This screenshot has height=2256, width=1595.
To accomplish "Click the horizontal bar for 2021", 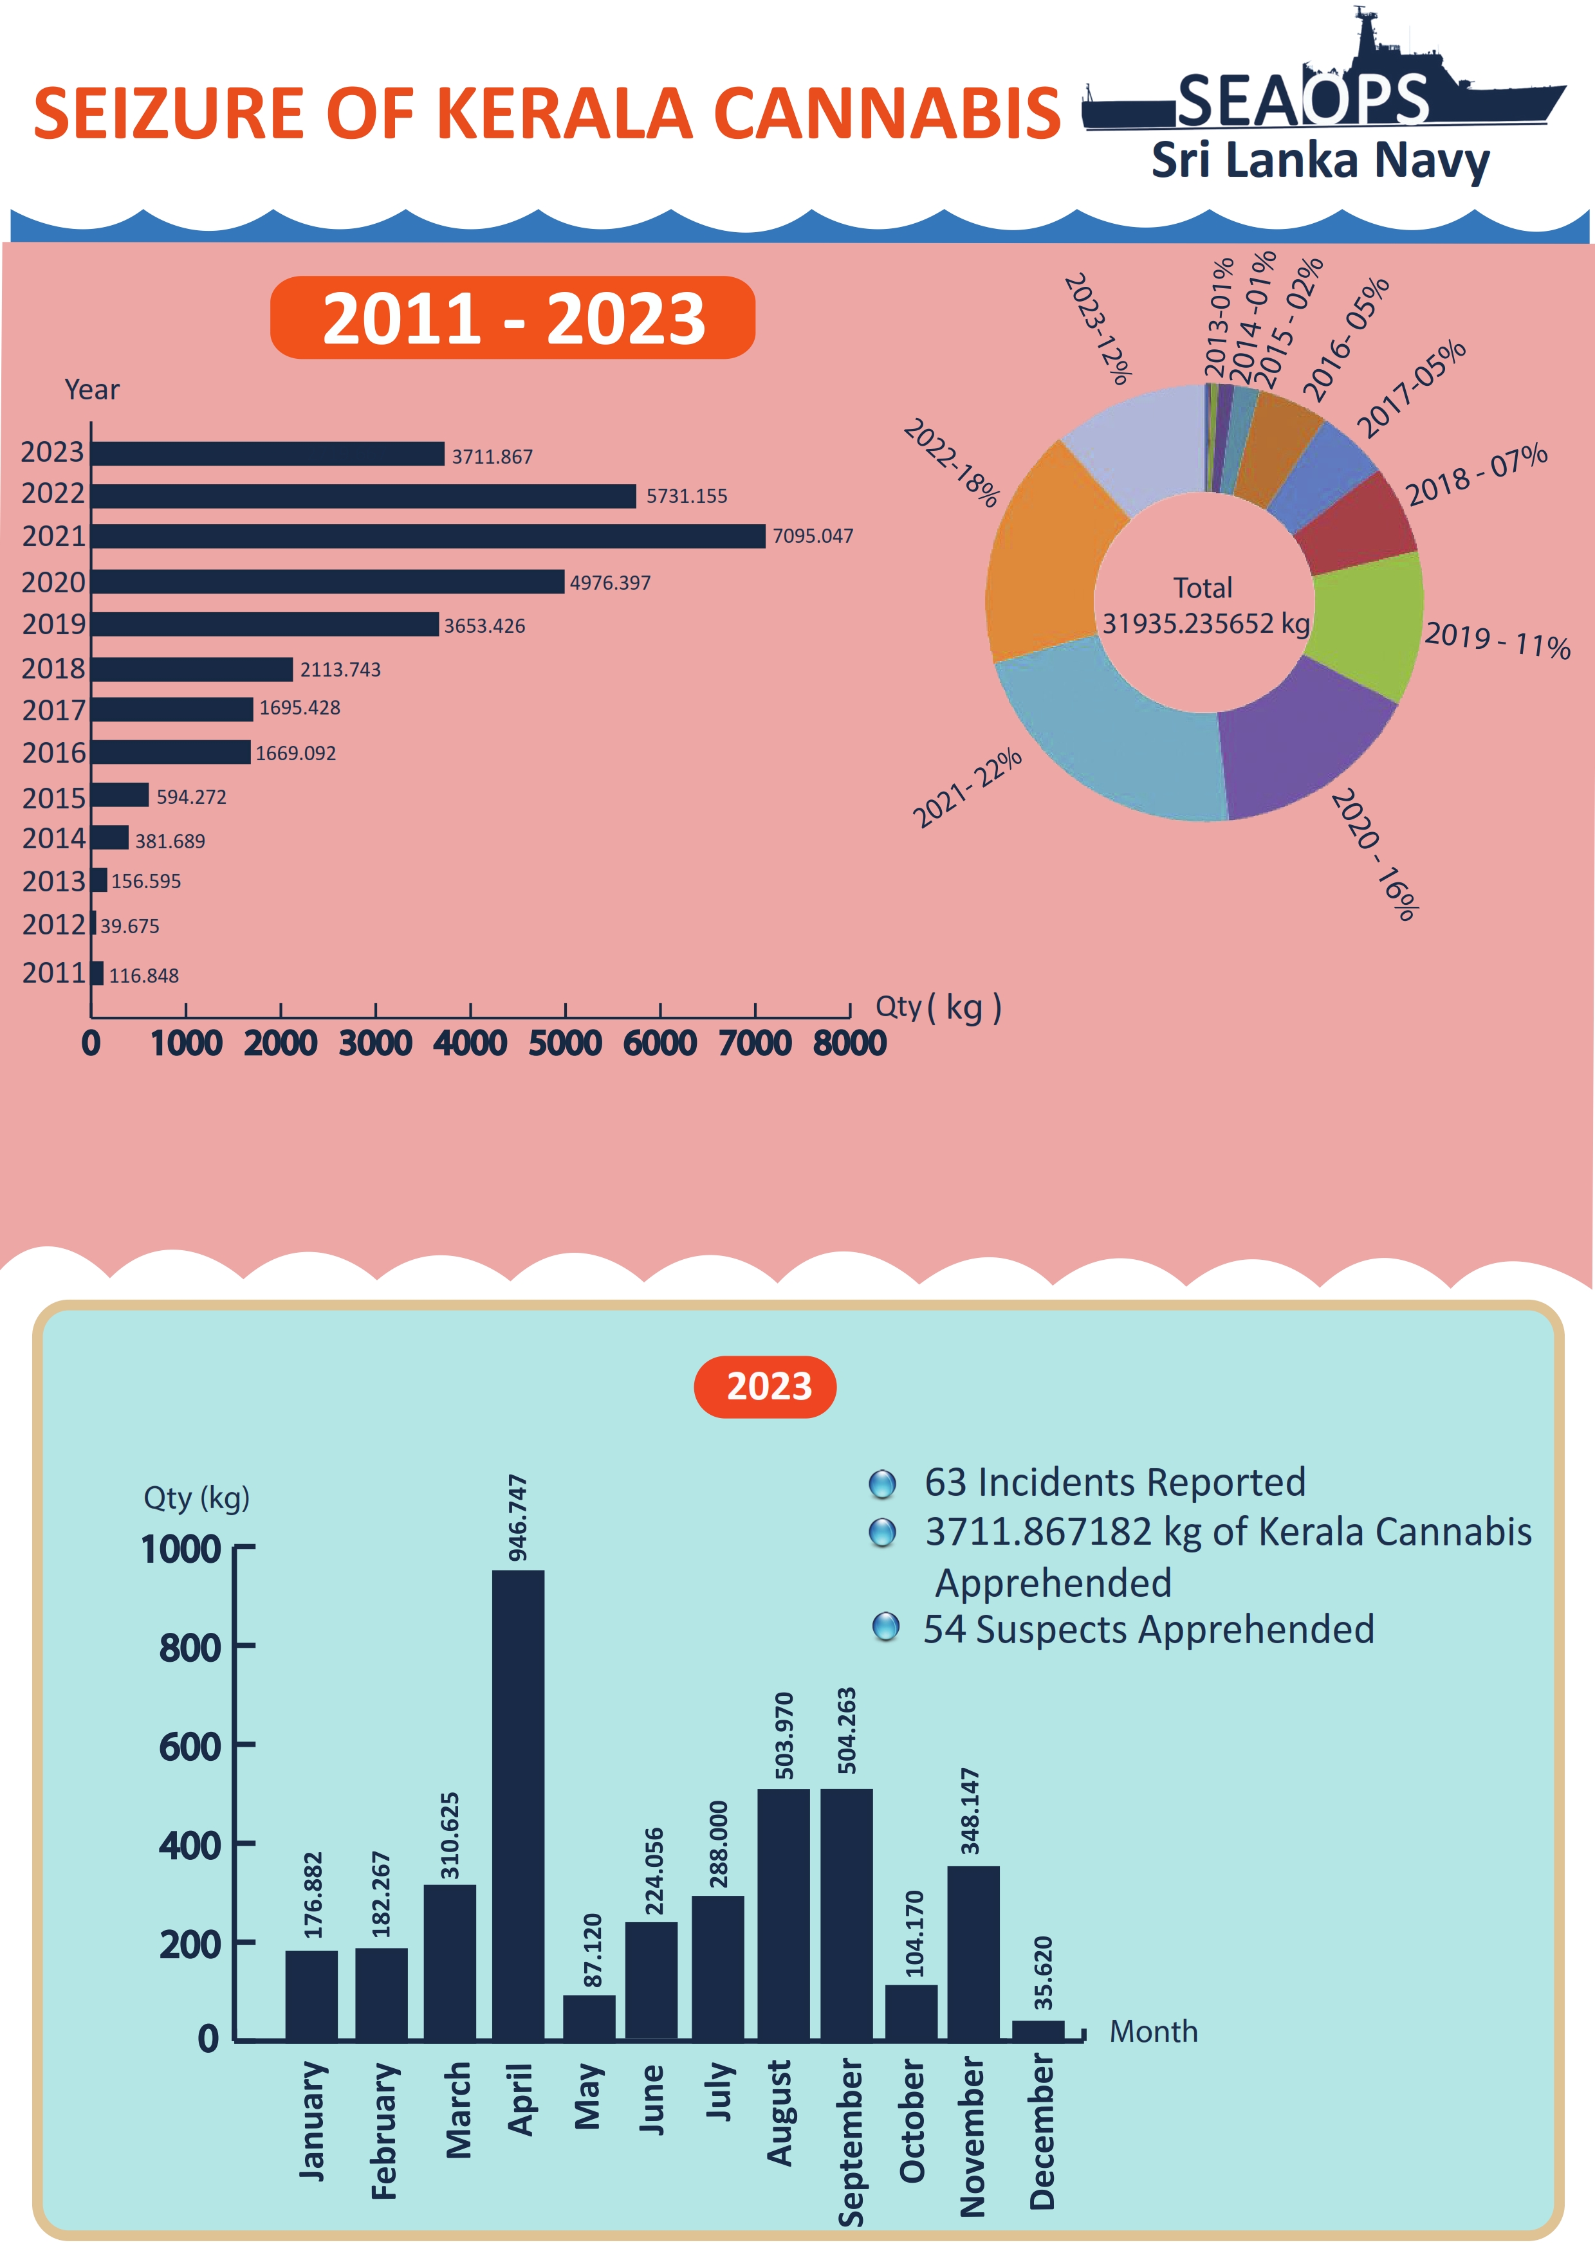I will [x=427, y=536].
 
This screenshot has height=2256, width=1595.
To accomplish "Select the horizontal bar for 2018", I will [x=192, y=669].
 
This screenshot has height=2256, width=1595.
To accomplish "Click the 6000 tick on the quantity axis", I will [x=659, y=1042].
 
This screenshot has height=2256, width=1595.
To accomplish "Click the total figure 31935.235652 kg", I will [x=1206, y=624].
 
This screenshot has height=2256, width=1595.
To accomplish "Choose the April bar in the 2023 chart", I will [x=518, y=1808].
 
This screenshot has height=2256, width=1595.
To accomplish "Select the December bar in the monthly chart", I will [x=1038, y=2031].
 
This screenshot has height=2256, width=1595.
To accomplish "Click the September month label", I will [x=850, y=2142].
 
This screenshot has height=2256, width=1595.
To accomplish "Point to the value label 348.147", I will [x=970, y=1811].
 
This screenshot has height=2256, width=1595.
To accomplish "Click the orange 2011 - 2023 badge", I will [x=512, y=318].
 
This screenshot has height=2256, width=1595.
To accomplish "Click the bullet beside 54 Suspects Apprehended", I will [x=885, y=1627].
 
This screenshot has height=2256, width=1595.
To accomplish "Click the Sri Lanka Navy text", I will [x=1320, y=160].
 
